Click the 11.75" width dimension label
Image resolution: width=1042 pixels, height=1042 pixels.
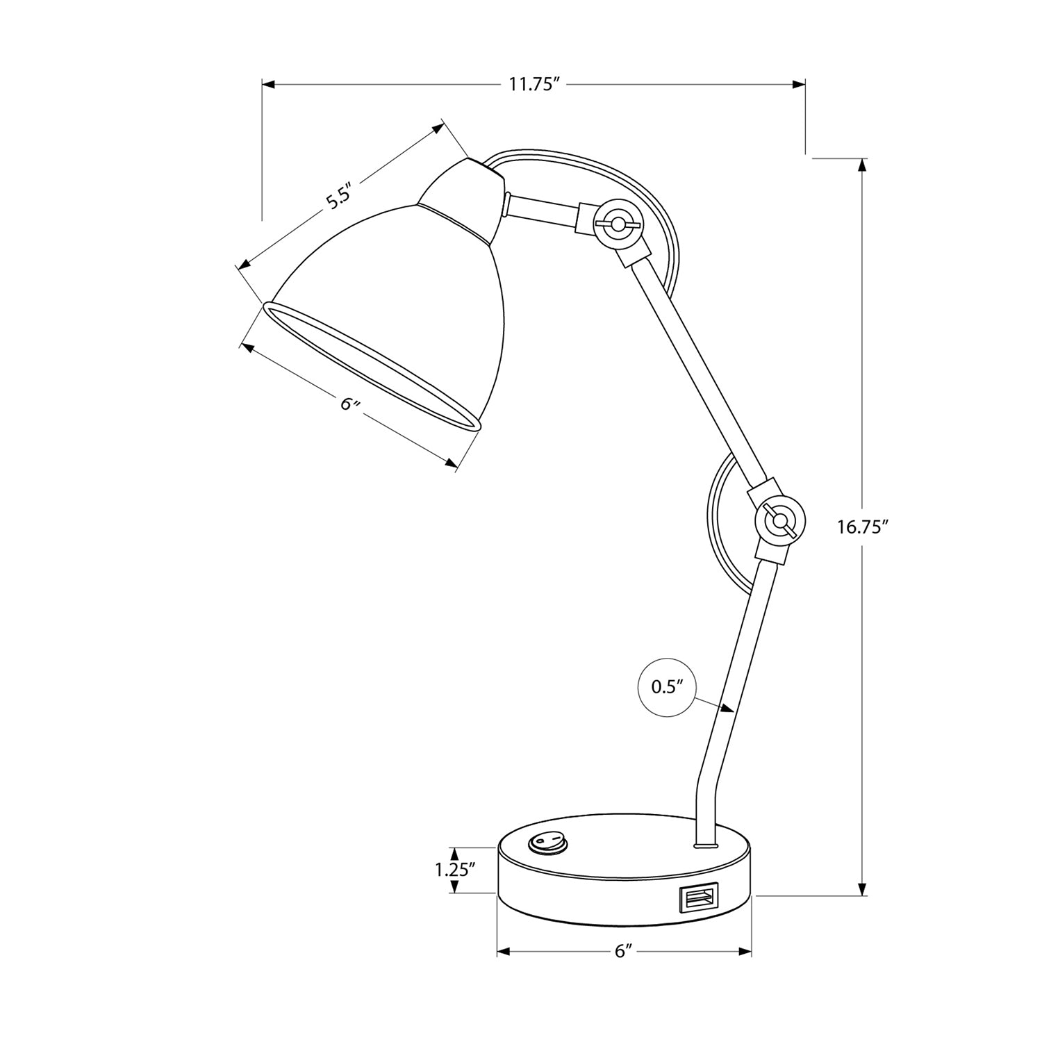[534, 85]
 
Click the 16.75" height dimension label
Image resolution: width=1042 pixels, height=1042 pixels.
[863, 527]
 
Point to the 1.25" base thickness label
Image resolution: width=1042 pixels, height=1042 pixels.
[454, 868]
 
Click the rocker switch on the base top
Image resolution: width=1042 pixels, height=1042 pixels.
[548, 843]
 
